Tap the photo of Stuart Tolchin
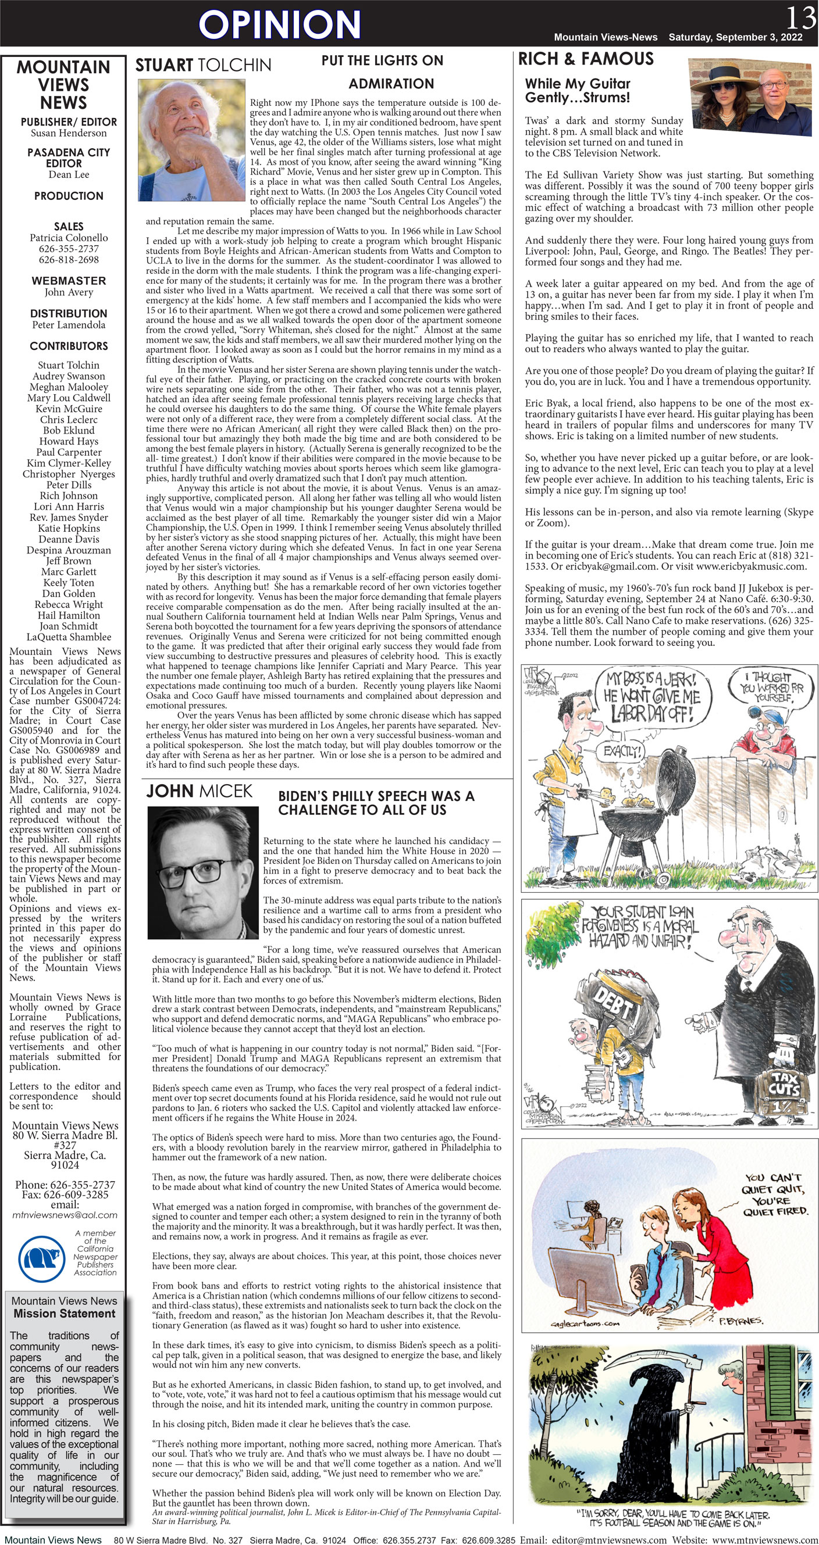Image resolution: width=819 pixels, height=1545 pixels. coord(191,140)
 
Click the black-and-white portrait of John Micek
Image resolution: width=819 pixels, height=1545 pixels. coord(203,872)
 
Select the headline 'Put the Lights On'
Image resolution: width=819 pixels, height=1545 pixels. coord(382,60)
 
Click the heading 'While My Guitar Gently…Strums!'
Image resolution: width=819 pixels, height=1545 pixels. coord(577,91)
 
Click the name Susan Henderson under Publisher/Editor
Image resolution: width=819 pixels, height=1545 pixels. coord(69,133)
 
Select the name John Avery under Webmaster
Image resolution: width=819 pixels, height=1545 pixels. coord(69,292)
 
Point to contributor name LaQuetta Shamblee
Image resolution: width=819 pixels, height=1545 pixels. coord(69,637)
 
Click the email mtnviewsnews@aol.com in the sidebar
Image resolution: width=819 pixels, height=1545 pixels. coord(65,1214)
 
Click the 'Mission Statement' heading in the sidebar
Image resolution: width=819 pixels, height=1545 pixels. coord(64,1314)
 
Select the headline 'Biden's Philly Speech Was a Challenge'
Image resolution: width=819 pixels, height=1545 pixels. coord(376,803)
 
